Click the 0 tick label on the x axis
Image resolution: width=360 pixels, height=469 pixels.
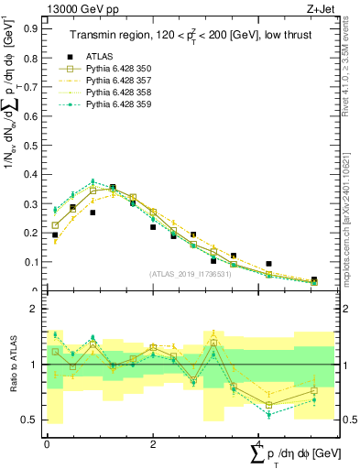47,443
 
